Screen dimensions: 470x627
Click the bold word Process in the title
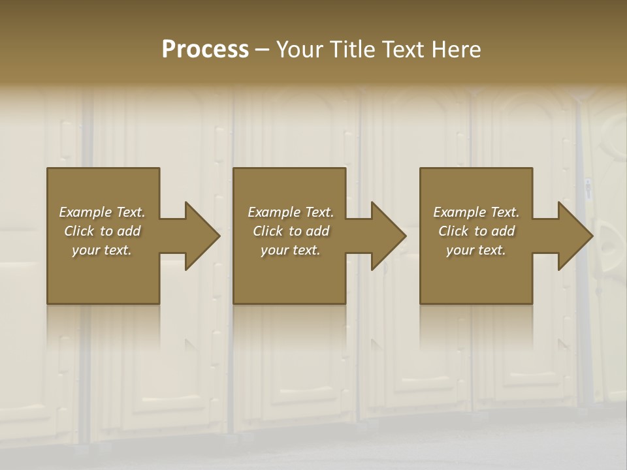(205, 50)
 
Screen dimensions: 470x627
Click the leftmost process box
(103, 274)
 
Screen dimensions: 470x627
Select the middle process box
(289, 274)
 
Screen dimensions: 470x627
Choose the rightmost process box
(475, 274)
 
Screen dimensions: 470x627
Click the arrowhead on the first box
(200, 236)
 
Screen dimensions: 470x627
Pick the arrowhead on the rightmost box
(573, 236)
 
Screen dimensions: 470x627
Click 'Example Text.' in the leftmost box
(102, 212)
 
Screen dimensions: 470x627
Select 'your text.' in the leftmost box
(102, 250)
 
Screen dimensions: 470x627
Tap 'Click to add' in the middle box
(291, 231)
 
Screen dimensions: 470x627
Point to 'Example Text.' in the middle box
(291, 212)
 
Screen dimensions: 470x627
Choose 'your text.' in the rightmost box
(476, 250)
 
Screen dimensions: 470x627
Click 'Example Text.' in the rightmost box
(476, 212)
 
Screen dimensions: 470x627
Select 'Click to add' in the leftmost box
(102, 231)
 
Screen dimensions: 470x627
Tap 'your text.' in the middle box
(291, 250)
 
